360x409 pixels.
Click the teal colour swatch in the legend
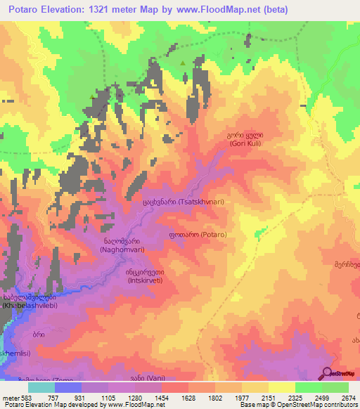click(41, 387)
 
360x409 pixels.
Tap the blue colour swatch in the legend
click(67, 387)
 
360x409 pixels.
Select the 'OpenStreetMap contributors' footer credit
click(318, 405)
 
